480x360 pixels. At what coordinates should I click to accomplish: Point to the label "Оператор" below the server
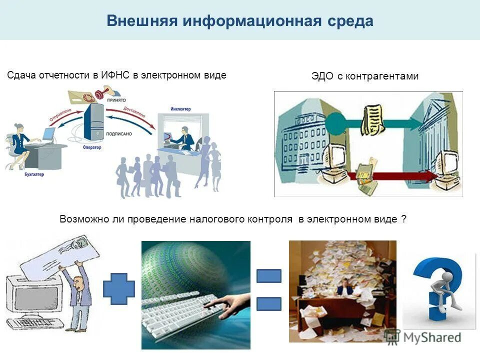coord(92,147)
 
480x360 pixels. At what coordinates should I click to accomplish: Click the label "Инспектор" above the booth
coord(180,108)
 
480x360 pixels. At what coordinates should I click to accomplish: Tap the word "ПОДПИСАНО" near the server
coord(119,134)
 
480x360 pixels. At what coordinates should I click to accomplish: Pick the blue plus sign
coord(118,289)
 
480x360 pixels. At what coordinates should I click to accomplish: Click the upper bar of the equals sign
coord(268,276)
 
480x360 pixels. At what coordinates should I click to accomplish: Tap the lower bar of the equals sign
coord(268,304)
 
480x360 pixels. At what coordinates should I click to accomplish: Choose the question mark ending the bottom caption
coord(403,219)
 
